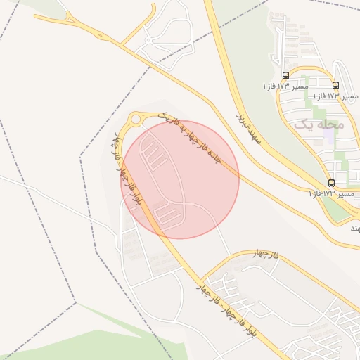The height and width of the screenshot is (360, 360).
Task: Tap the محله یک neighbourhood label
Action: click(x=319, y=124)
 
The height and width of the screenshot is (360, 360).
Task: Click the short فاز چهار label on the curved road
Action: click(x=266, y=255)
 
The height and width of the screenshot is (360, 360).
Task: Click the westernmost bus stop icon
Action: click(x=285, y=75)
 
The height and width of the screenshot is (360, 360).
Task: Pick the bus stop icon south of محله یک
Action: click(x=332, y=183)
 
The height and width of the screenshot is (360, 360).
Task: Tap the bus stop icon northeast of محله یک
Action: click(x=335, y=84)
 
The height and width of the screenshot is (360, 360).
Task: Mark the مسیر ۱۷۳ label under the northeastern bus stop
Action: click(x=335, y=95)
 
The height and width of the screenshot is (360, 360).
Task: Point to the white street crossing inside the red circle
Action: click(x=184, y=203)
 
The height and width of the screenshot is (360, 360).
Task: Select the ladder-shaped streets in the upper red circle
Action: click(x=154, y=155)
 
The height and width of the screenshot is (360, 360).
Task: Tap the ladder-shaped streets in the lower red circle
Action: click(x=166, y=212)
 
